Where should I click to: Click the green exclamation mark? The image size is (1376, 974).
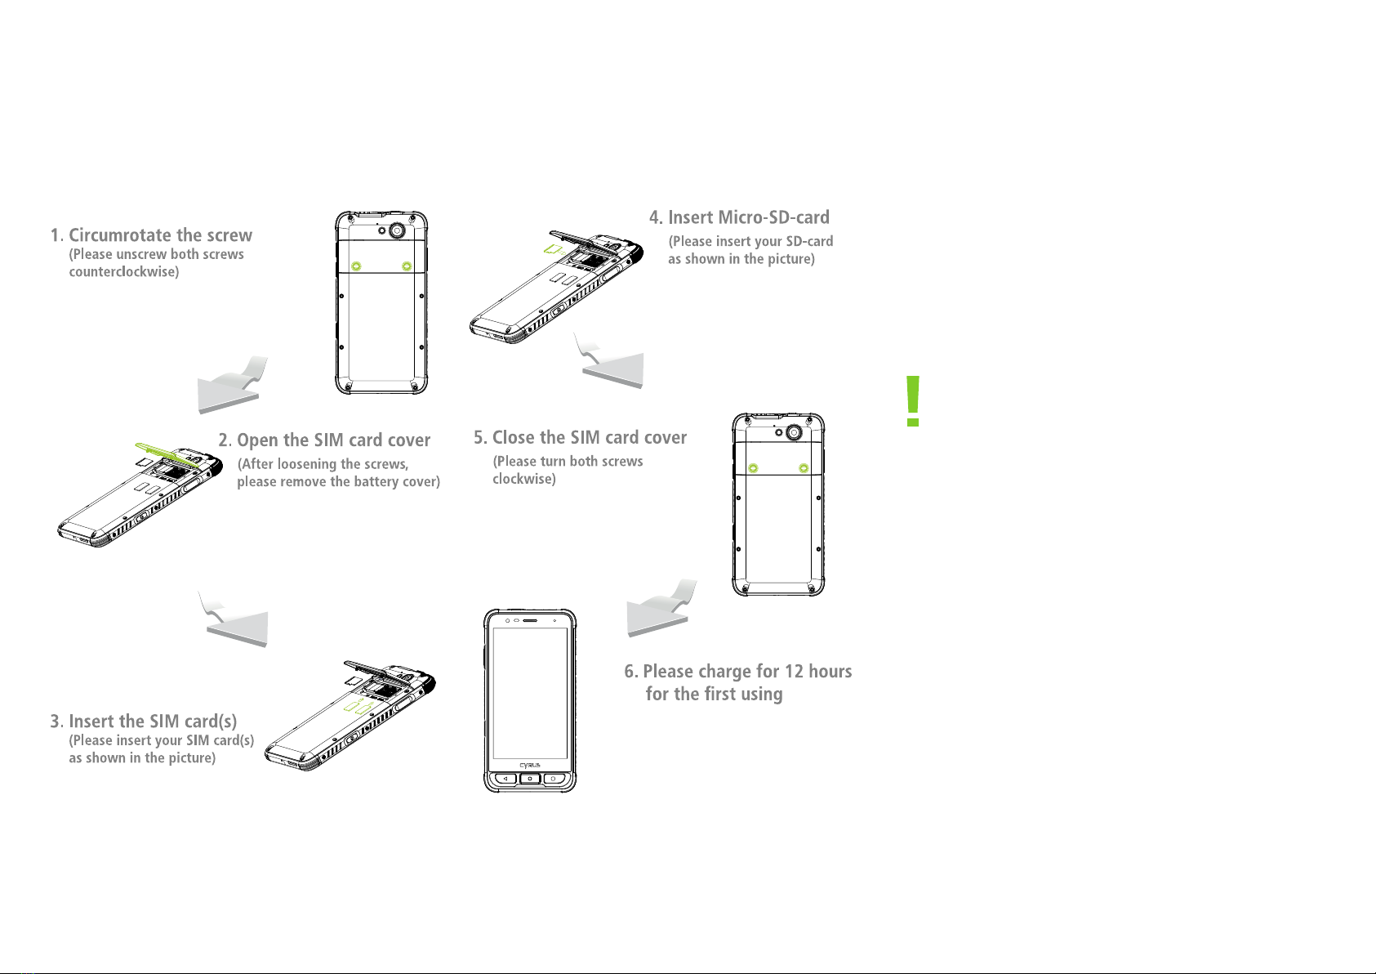point(913,400)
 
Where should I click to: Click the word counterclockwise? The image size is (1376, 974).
point(123,271)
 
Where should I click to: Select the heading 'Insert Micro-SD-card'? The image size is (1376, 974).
point(748,217)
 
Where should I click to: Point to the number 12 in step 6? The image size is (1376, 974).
point(794,671)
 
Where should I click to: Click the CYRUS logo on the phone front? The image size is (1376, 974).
point(529,765)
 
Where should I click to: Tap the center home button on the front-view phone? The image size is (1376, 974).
point(529,779)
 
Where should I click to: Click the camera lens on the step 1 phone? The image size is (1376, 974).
point(397,230)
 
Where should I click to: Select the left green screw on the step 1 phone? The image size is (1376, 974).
point(356,266)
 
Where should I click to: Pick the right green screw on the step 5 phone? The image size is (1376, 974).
point(803,468)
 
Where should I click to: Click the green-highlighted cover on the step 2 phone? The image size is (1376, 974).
point(167,454)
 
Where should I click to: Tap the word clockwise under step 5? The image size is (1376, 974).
point(523,479)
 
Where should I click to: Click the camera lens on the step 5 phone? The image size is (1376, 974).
point(795,432)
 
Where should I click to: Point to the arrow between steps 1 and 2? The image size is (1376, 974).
point(230,387)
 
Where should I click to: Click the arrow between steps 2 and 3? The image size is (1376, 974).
point(237,621)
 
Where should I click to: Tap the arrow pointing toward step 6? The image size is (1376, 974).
point(661,610)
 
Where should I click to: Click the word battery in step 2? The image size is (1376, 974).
point(370,481)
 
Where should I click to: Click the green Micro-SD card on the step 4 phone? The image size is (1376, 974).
point(554,249)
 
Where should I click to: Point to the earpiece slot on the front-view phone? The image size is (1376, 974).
point(530,621)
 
